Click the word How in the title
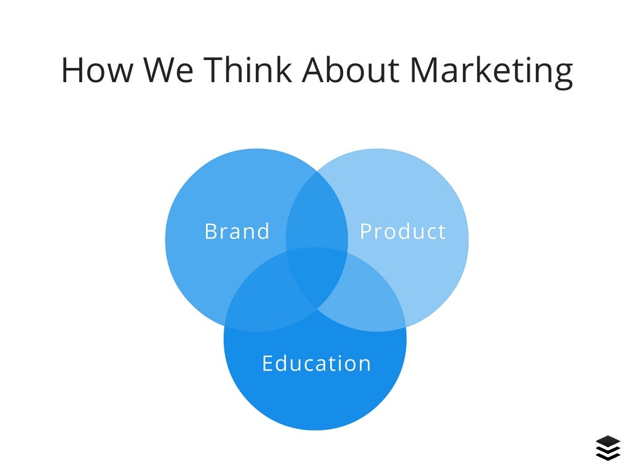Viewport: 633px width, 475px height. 96,69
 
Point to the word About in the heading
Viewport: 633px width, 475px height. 351,69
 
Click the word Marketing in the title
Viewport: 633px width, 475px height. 491,70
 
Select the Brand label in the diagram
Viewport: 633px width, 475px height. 237,232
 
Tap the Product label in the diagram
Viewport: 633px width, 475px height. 402,232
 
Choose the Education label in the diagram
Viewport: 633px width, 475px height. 316,363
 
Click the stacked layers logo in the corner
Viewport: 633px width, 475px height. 608,448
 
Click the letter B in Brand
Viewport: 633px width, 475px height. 210,232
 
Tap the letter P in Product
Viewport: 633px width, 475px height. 365,232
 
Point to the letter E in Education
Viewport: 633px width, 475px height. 267,363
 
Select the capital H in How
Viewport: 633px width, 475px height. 72,69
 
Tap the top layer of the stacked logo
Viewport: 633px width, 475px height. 608,441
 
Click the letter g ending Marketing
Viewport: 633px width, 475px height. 562,73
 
